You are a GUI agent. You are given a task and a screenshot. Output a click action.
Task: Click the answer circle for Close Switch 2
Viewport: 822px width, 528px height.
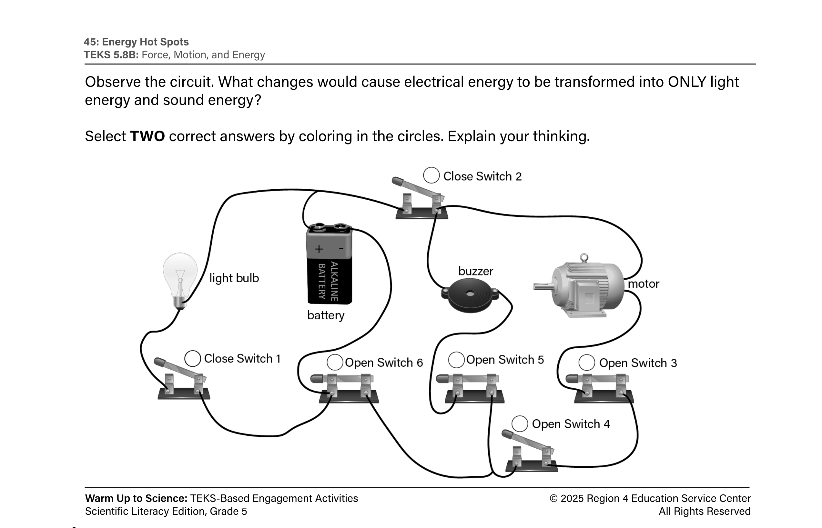431,175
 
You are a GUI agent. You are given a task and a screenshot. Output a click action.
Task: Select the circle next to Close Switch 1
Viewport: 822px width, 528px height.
192,358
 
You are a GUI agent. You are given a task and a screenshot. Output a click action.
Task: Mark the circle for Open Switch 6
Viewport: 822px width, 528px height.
335,362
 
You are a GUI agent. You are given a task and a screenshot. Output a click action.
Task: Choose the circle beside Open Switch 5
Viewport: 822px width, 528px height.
456,360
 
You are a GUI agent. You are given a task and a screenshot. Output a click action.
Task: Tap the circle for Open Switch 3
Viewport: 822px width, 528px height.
587,363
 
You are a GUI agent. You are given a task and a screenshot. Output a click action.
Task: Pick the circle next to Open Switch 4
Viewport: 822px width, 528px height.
520,424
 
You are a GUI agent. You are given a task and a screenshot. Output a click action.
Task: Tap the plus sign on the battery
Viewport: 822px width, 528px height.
319,249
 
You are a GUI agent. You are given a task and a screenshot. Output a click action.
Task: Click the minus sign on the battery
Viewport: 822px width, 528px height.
341,248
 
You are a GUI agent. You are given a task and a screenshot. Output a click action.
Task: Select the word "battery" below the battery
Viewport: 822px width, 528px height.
326,315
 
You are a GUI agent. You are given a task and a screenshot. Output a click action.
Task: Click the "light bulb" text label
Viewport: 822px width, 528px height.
234,278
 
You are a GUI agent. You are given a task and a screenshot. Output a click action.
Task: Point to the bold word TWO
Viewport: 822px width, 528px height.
147,136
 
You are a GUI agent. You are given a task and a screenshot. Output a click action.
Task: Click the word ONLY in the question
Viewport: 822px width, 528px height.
687,82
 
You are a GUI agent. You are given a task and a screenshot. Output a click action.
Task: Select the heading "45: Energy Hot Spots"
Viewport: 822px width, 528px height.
136,42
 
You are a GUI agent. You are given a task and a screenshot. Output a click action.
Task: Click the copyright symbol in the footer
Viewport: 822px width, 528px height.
553,499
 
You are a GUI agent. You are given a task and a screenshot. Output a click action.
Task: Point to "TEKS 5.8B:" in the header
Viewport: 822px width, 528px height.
111,55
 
